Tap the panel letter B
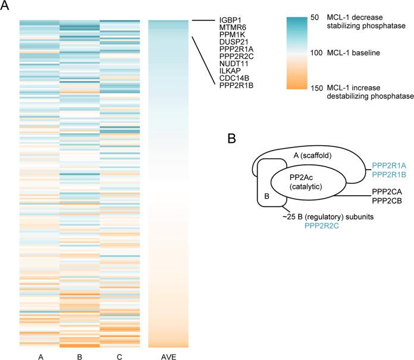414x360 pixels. [x=234, y=139]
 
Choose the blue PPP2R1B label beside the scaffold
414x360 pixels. [x=390, y=174]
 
